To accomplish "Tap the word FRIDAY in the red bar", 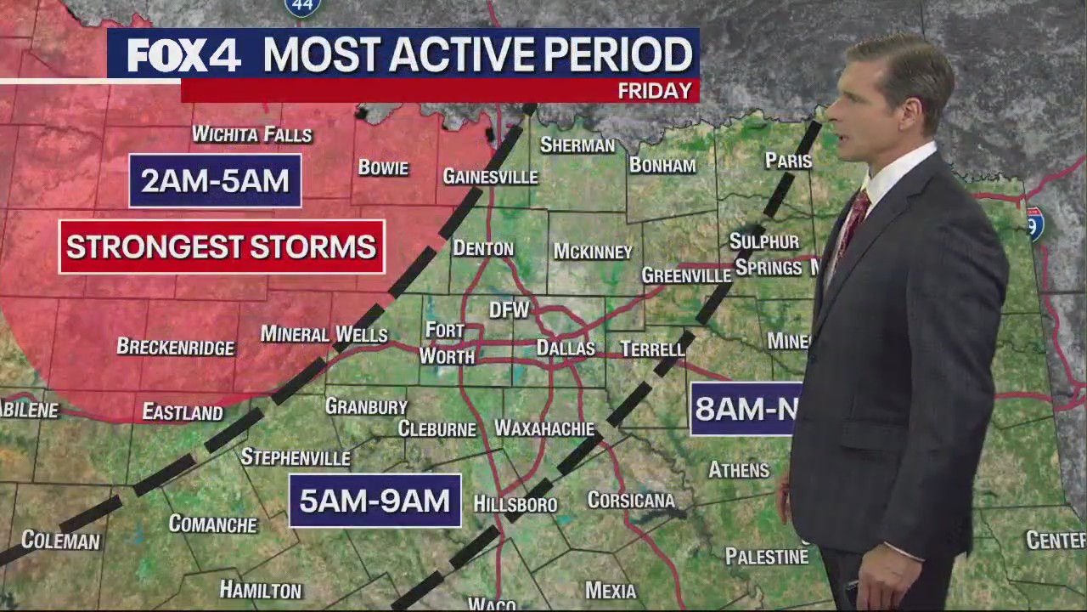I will coord(655,91).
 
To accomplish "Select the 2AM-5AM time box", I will coord(215,181).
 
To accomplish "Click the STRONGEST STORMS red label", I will coord(222,247).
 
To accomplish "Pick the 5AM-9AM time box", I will coord(375,501).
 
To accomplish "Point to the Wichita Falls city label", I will coord(252,134).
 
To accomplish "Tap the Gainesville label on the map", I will coord(490,177).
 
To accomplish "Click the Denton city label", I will coord(482,248).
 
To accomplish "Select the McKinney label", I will coord(593,252).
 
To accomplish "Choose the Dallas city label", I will coord(566,348).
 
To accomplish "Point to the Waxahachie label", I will coord(544,428).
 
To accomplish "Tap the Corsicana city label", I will coord(631,500).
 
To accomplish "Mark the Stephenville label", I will coord(296,457).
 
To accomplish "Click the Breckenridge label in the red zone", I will coord(175,347).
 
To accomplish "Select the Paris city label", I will coord(788,161).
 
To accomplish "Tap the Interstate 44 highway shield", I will coord(302,7).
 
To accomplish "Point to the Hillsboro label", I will coord(515,504).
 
